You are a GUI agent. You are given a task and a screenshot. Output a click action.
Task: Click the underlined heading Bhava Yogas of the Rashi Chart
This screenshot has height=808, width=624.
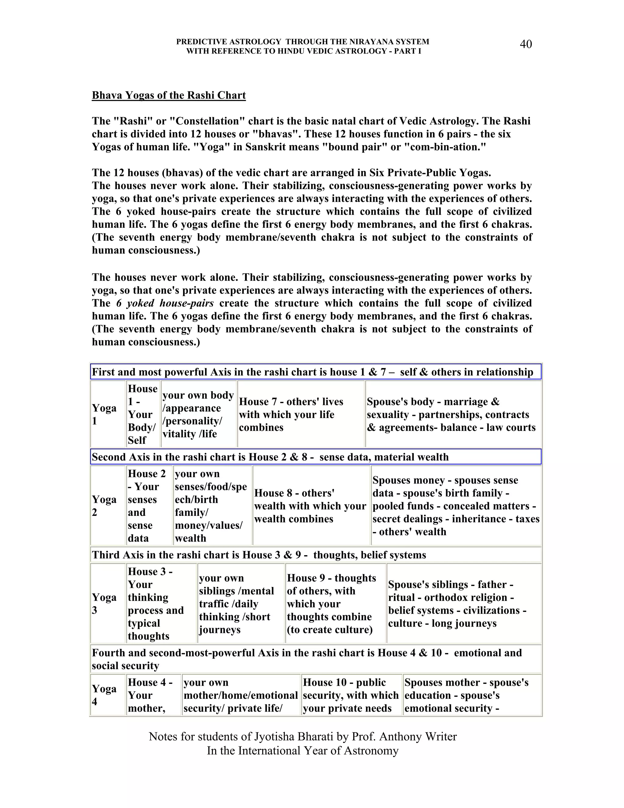coord(168,95)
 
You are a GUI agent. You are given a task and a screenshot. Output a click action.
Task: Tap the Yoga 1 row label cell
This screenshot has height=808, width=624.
coord(108,414)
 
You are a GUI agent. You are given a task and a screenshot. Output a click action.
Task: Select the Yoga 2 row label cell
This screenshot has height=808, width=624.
coord(108,505)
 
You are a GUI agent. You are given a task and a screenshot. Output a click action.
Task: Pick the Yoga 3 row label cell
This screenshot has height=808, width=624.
coord(108,603)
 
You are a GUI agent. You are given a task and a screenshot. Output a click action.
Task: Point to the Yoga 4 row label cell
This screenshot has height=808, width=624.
coord(108,695)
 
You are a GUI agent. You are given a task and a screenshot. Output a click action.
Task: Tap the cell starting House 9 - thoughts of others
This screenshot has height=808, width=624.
coord(335,603)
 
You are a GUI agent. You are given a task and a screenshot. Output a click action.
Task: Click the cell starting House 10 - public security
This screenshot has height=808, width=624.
coord(351,695)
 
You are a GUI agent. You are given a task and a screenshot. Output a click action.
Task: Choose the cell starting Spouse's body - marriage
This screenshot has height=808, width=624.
coord(453,414)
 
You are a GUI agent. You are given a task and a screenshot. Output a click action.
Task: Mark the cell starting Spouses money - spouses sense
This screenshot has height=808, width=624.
coord(456,505)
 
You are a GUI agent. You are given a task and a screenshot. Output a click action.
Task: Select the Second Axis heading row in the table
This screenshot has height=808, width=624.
coord(315,457)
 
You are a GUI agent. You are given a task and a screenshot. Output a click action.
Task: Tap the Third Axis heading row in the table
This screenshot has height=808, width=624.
coord(315,555)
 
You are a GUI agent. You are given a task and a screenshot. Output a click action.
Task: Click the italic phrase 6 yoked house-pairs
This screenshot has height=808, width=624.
coord(165,303)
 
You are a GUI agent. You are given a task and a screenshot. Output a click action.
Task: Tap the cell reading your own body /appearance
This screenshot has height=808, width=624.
coord(199,414)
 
